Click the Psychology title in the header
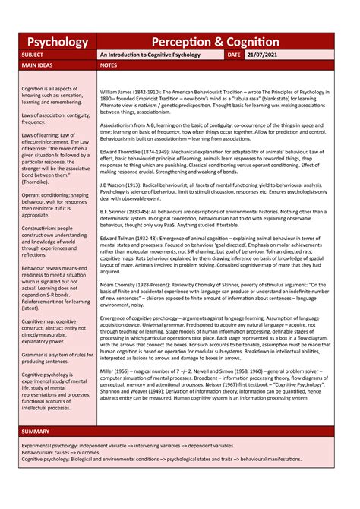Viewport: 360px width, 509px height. pos(58,42)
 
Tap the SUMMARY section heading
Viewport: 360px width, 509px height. pos(36,432)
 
